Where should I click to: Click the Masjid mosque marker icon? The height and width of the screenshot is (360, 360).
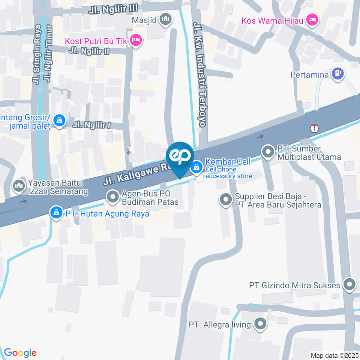[165, 19]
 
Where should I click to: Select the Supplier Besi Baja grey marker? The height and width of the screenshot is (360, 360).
[226, 200]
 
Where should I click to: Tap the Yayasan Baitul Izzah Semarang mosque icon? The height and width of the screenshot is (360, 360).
[18, 185]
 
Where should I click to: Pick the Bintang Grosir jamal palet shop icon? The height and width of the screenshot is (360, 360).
[59, 121]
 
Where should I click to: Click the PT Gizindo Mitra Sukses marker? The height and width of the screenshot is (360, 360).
[349, 285]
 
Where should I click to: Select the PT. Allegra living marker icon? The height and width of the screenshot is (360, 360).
[259, 323]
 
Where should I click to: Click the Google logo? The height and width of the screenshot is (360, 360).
[20, 352]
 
